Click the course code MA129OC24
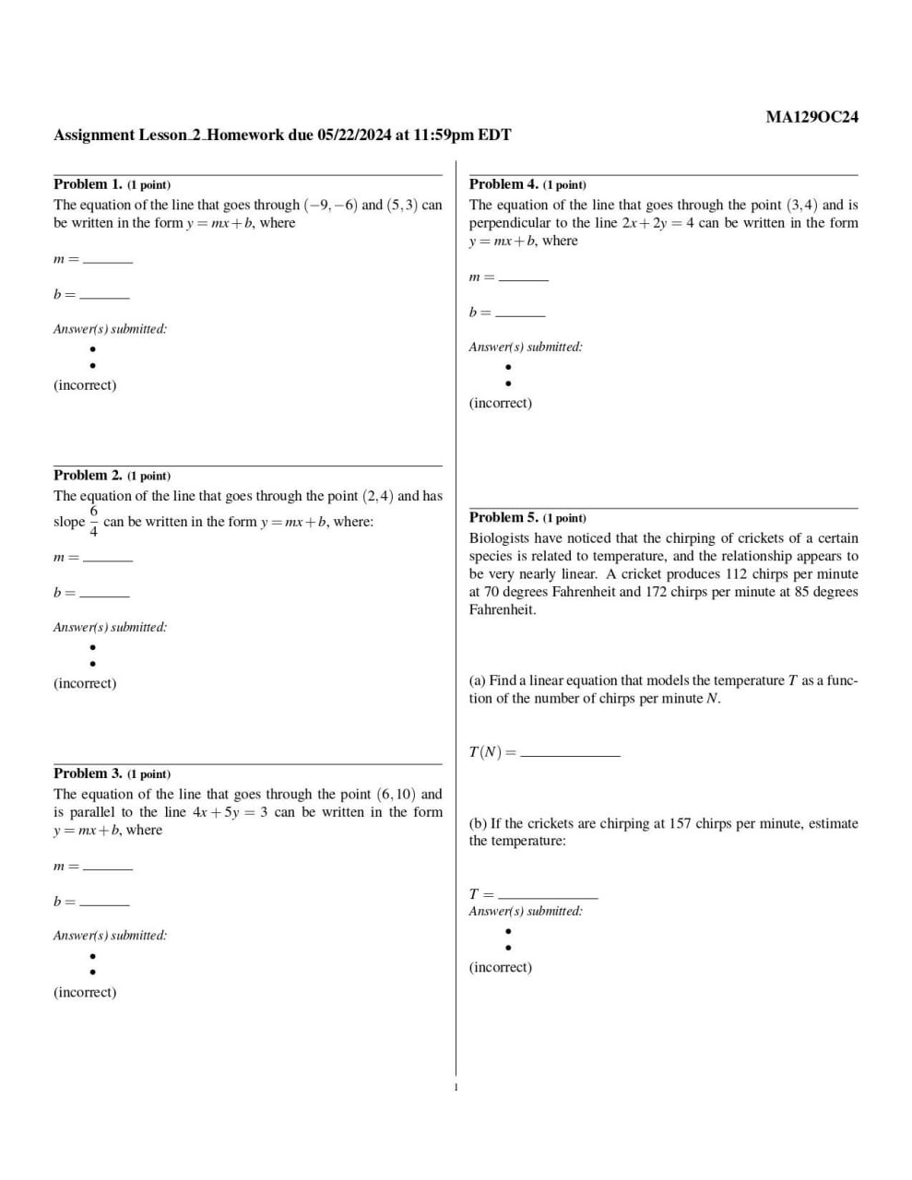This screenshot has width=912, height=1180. (811, 117)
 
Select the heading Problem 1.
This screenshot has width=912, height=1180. (88, 184)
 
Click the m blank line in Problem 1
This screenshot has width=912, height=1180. (108, 261)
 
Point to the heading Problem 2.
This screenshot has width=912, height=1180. (88, 476)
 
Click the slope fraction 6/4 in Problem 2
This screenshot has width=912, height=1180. (93, 521)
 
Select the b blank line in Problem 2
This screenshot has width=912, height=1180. (104, 595)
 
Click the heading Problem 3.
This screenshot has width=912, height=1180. (88, 773)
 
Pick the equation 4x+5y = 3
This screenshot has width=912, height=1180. (230, 812)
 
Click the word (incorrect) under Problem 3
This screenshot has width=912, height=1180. (85, 993)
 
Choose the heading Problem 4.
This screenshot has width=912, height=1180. (503, 184)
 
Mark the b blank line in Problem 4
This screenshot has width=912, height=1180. (520, 314)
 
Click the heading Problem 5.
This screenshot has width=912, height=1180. (503, 518)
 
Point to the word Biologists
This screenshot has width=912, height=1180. (500, 538)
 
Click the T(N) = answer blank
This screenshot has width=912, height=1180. (570, 753)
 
